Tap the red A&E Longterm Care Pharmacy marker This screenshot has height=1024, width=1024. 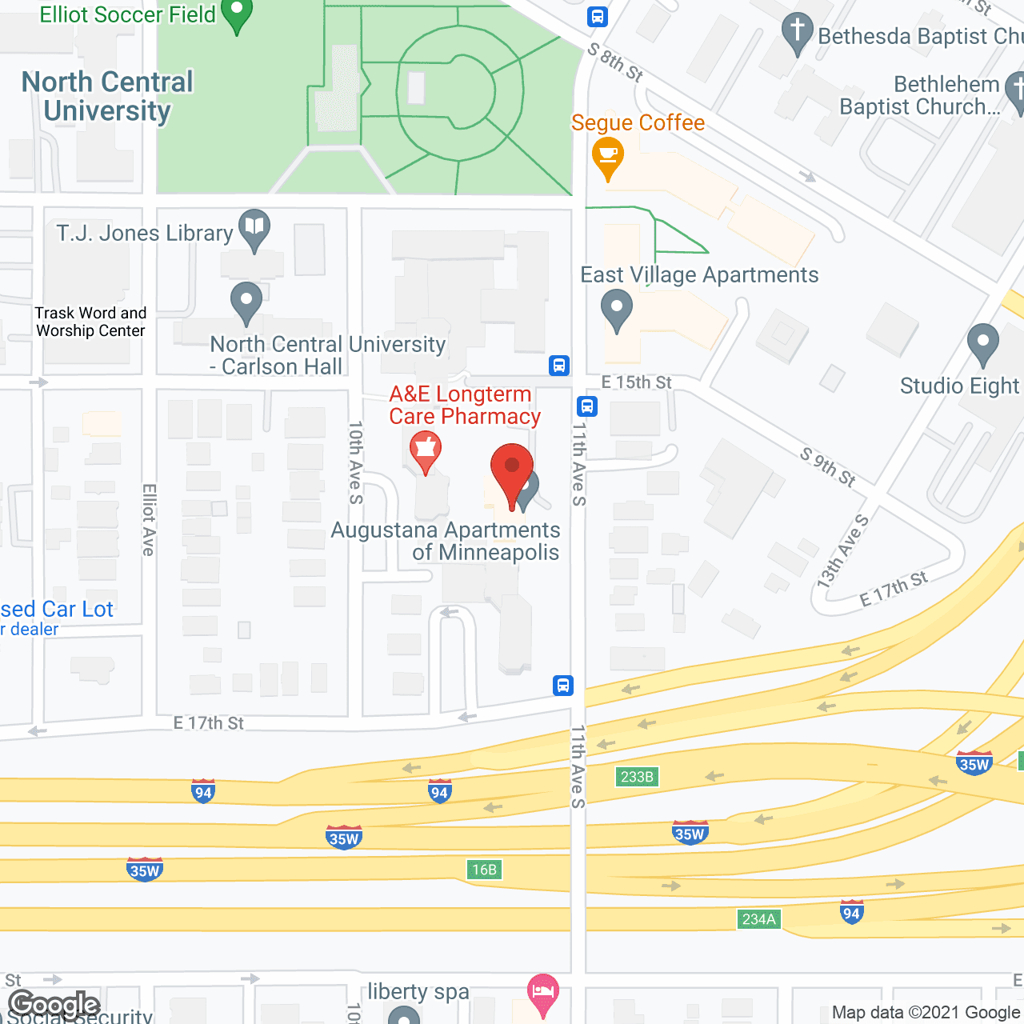pyautogui.click(x=426, y=450)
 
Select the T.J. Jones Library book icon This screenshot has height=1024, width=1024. pyautogui.click(x=254, y=227)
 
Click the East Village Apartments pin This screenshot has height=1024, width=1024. pyautogui.click(x=616, y=308)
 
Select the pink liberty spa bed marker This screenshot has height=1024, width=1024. pyautogui.click(x=543, y=993)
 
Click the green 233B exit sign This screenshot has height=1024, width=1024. pyautogui.click(x=637, y=776)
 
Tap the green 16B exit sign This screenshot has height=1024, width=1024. pyautogui.click(x=484, y=870)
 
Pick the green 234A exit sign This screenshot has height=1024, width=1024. pyautogui.click(x=758, y=919)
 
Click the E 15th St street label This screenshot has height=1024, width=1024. pyautogui.click(x=636, y=382)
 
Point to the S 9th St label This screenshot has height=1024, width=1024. pyautogui.click(x=828, y=466)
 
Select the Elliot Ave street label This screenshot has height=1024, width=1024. pyautogui.click(x=148, y=519)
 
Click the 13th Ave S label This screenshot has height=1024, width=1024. pyautogui.click(x=842, y=552)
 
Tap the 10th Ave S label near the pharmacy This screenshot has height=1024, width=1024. pyautogui.click(x=356, y=462)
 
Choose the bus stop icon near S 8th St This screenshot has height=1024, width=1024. pyautogui.click(x=597, y=16)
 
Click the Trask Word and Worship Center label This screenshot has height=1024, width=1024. pyautogui.click(x=90, y=322)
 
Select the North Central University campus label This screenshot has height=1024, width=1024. pyautogui.click(x=107, y=96)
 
